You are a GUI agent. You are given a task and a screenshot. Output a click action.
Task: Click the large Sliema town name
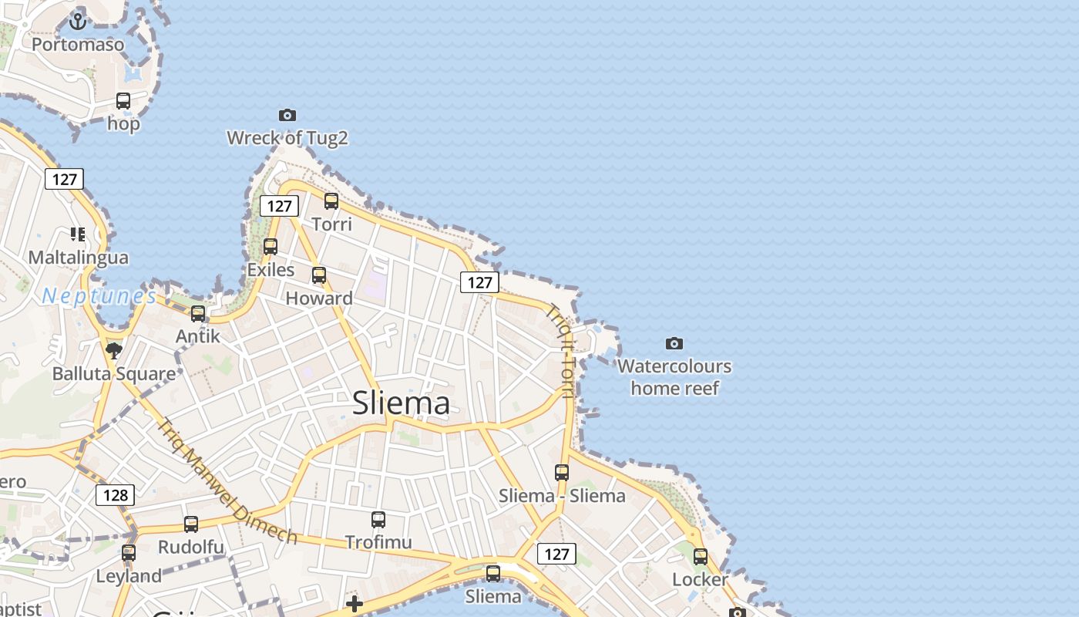coord(401,403)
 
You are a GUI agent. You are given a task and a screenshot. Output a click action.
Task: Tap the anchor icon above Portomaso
coord(77,21)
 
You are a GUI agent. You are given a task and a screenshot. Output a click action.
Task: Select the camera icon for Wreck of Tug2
coord(287,115)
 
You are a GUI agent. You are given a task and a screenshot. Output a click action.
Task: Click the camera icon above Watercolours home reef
coord(674,343)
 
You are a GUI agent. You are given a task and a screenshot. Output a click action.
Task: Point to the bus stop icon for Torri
coord(331,201)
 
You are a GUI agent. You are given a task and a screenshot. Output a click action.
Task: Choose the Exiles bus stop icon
coord(271,247)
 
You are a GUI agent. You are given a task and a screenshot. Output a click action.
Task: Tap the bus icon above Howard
coord(319,275)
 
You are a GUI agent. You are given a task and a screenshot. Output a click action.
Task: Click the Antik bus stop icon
coord(198,313)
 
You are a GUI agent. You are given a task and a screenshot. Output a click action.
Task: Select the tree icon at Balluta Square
coord(114,352)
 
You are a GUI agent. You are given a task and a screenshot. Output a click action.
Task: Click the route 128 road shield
coord(116,494)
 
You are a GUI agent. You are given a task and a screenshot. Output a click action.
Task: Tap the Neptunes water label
coord(99,296)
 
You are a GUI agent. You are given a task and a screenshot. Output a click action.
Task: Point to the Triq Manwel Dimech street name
coord(227,481)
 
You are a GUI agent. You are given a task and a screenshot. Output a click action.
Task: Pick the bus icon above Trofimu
coord(378,519)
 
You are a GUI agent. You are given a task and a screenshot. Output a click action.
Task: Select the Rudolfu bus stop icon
coord(191,524)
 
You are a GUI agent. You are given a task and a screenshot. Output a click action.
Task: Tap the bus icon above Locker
coord(701,556)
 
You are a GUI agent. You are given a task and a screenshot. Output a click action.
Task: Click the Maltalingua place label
coord(79,257)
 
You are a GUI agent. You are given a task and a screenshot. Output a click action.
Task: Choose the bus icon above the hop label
coord(123,100)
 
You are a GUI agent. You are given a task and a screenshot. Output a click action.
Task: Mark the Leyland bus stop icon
coord(129,553)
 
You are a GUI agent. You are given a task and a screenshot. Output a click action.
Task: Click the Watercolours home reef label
coord(674,376)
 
